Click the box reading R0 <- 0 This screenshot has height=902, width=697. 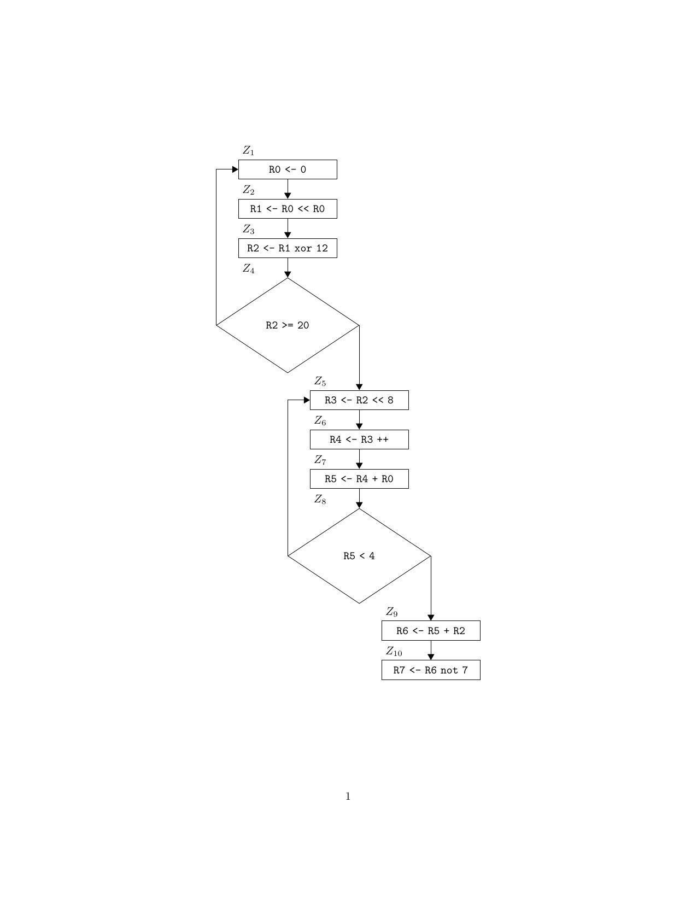(288, 169)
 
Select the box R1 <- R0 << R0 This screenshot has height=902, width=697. (288, 209)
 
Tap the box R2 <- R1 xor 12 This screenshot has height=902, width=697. (288, 248)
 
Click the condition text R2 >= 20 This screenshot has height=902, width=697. (288, 325)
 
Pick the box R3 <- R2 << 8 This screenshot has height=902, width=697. (359, 400)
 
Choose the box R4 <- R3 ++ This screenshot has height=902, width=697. (359, 440)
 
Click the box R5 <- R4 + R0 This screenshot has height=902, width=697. (359, 479)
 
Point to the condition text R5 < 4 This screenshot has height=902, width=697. (359, 556)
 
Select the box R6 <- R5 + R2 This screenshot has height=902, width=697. (431, 631)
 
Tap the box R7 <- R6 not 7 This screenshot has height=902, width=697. (431, 670)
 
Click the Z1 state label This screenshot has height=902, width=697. (249, 150)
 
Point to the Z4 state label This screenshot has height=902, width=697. (249, 268)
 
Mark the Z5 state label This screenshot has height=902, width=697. (320, 381)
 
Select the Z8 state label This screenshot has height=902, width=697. (320, 499)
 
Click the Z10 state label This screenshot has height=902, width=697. (394, 651)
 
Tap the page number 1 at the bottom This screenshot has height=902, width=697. (348, 796)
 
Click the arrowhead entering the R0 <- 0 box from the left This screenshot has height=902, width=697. (235, 169)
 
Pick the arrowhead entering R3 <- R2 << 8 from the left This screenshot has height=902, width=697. (307, 400)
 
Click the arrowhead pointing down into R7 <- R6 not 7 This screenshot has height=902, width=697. (431, 657)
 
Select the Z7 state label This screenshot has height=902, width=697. (320, 460)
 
